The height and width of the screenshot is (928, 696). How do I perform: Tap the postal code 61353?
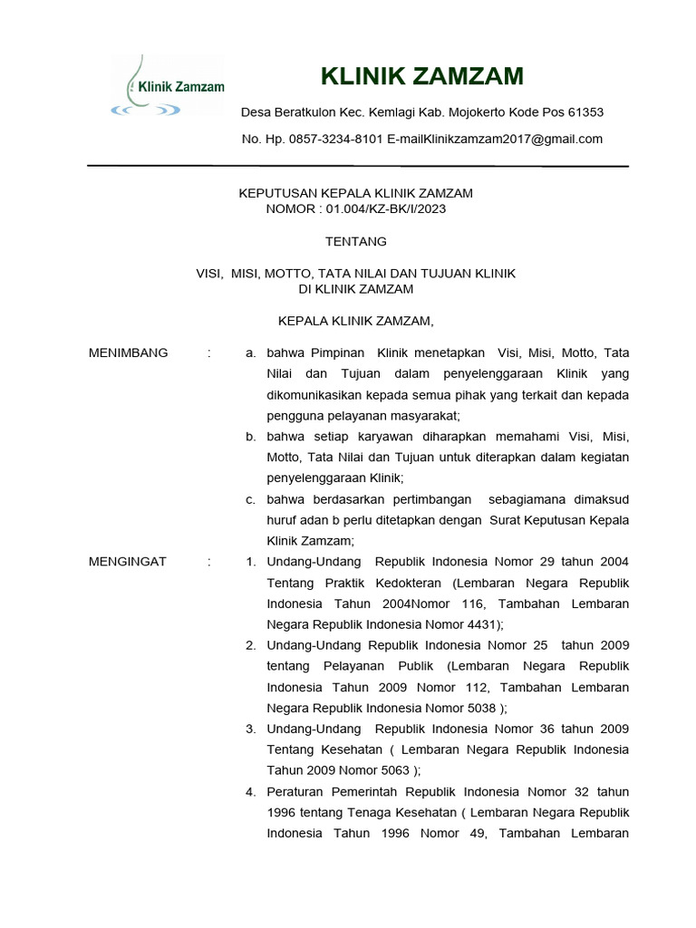click(585, 112)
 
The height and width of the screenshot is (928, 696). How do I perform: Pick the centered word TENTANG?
click(356, 242)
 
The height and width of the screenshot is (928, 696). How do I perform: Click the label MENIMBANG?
click(128, 353)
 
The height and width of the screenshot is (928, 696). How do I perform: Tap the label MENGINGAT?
click(128, 562)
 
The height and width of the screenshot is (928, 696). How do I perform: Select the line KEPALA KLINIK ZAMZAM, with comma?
click(356, 321)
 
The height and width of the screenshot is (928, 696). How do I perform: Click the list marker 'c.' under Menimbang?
click(251, 499)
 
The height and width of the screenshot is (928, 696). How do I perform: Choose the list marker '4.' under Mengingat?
click(251, 792)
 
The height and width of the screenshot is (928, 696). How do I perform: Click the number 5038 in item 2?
click(480, 708)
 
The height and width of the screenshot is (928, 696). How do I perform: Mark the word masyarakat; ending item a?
click(423, 416)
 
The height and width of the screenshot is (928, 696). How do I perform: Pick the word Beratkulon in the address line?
click(303, 112)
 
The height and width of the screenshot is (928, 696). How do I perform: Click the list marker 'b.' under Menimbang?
click(251, 437)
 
